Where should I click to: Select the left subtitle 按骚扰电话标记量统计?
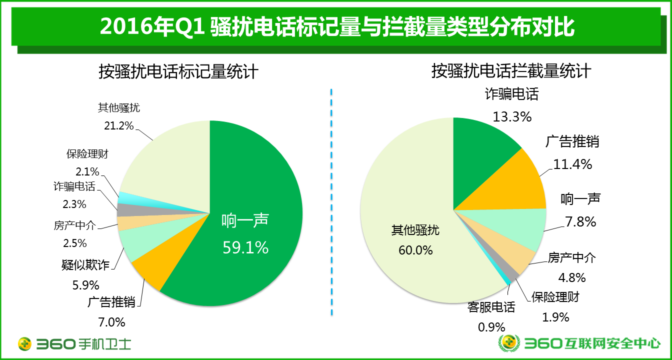pyautogui.click(x=178, y=71)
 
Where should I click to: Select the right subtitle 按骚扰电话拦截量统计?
pyautogui.click(x=511, y=71)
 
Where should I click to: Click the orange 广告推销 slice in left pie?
pyautogui.click(x=150, y=270)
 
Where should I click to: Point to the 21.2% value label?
pyautogui.click(x=118, y=126)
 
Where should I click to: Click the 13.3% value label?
pyautogui.click(x=511, y=116)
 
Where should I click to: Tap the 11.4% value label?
pyautogui.click(x=572, y=163)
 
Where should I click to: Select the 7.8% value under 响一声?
pyautogui.click(x=578, y=221)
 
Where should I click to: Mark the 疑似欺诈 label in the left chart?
pyautogui.click(x=85, y=265)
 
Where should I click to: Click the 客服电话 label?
pyautogui.click(x=491, y=307)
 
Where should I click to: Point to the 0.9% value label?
pyautogui.click(x=491, y=327)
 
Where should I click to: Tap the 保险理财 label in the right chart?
pyautogui.click(x=555, y=297)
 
